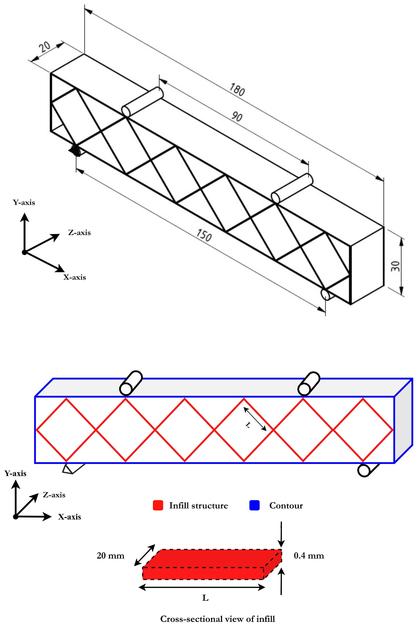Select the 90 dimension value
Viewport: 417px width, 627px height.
[237, 116]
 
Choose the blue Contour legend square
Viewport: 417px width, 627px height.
[254, 505]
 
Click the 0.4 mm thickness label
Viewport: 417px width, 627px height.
[309, 556]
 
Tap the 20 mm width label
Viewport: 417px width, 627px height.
[110, 556]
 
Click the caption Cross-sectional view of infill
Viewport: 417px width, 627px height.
[218, 619]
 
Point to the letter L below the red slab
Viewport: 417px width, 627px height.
[205, 598]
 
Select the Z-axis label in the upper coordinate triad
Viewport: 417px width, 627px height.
[79, 233]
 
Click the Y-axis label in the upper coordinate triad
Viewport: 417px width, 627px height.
[24, 202]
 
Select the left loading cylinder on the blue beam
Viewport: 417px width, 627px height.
[131, 383]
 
